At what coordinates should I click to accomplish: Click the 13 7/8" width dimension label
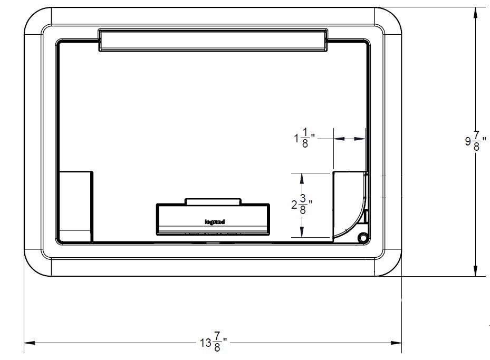point(213,342)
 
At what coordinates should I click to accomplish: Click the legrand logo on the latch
point(215,222)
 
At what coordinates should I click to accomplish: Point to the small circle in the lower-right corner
point(362,237)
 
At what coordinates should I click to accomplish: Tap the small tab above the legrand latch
point(213,201)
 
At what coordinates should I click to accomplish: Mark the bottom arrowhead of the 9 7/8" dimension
point(476,271)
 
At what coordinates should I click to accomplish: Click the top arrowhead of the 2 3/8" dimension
point(302,177)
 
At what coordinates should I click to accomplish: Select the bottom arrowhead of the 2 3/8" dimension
point(302,233)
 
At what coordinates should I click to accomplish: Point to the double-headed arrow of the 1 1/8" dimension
point(349,139)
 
